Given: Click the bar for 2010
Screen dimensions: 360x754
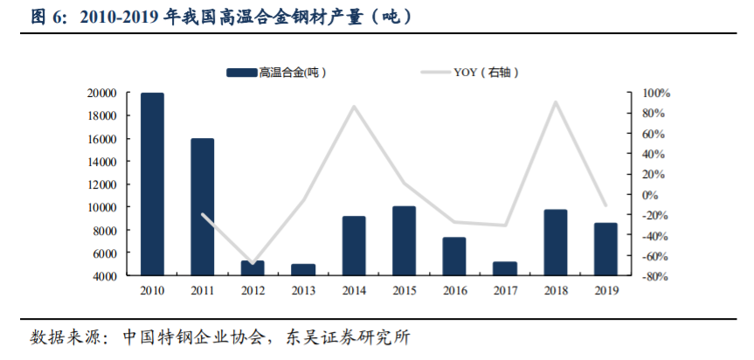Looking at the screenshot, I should (152, 183).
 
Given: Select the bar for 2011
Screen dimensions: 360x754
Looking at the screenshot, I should (202, 207).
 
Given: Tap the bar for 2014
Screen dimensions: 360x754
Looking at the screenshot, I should (354, 246).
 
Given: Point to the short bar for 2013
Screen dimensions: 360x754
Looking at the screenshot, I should (303, 269).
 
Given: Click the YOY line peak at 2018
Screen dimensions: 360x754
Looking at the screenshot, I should (555, 103).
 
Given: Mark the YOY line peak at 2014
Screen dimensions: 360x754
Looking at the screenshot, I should (354, 107).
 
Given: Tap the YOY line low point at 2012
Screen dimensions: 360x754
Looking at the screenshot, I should (252, 263).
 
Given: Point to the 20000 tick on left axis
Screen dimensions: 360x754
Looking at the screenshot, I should (104, 93).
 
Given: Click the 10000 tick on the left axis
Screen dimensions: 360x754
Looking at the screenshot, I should (104, 207).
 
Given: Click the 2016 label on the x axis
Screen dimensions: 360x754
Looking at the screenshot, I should (454, 291).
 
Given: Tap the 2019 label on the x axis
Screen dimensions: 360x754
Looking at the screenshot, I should (605, 291).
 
